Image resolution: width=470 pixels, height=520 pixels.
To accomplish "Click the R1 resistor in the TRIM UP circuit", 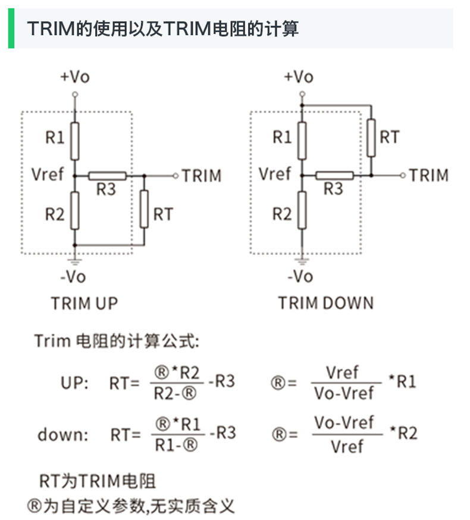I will tap(74, 141).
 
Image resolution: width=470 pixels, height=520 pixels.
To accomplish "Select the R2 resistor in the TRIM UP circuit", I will tap(74, 211).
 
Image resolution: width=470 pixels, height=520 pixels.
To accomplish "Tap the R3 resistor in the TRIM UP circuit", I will tap(107, 176).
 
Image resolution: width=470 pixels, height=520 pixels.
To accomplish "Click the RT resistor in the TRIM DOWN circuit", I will tap(371, 137).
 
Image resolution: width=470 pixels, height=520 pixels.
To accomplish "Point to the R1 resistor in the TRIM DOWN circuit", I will tap(302, 141).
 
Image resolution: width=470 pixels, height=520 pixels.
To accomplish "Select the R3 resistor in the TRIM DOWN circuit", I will tap(334, 175).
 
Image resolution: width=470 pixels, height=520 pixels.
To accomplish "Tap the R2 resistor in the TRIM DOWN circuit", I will tap(302, 211).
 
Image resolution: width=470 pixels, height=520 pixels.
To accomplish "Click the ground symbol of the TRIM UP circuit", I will tap(74, 260).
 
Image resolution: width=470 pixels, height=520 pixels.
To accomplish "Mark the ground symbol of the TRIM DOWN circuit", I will tap(302, 260).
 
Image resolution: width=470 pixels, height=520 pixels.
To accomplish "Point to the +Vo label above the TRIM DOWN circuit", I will tap(299, 77).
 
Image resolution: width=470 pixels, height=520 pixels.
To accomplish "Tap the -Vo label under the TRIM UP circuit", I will tap(73, 277).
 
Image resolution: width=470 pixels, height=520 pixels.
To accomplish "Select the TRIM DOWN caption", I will tap(325, 303).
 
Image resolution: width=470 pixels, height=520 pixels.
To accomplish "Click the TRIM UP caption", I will tap(84, 303).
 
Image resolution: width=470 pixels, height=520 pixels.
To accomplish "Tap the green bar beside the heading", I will tap(11, 28).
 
